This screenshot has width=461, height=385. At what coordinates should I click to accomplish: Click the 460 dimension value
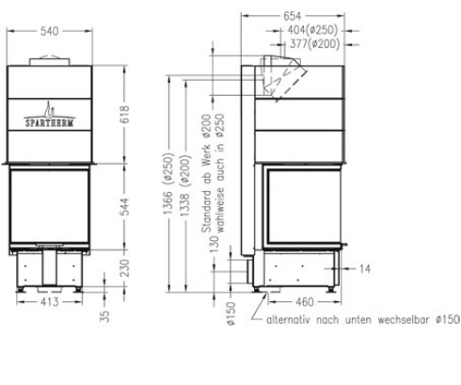click(298, 302)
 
